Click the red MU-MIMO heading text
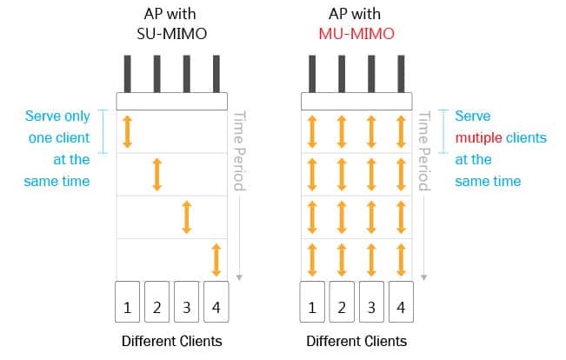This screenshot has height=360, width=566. (x=356, y=34)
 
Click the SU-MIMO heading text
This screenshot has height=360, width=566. (x=171, y=34)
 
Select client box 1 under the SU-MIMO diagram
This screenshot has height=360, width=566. (x=128, y=307)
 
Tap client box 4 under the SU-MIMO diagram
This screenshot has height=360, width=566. (x=216, y=307)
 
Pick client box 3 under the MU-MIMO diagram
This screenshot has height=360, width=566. (x=371, y=307)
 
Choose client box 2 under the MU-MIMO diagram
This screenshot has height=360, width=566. (x=342, y=307)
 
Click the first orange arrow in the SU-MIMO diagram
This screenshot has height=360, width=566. (x=127, y=131)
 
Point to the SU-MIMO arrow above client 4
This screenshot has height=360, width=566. (x=216, y=260)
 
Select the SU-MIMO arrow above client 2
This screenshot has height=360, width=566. (x=157, y=174)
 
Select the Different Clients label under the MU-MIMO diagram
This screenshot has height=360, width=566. (x=356, y=341)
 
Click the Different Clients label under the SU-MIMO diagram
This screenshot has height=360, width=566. (x=171, y=341)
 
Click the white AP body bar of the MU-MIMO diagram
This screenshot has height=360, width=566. (x=356, y=101)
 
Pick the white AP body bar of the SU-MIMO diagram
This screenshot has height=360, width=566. (x=171, y=101)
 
